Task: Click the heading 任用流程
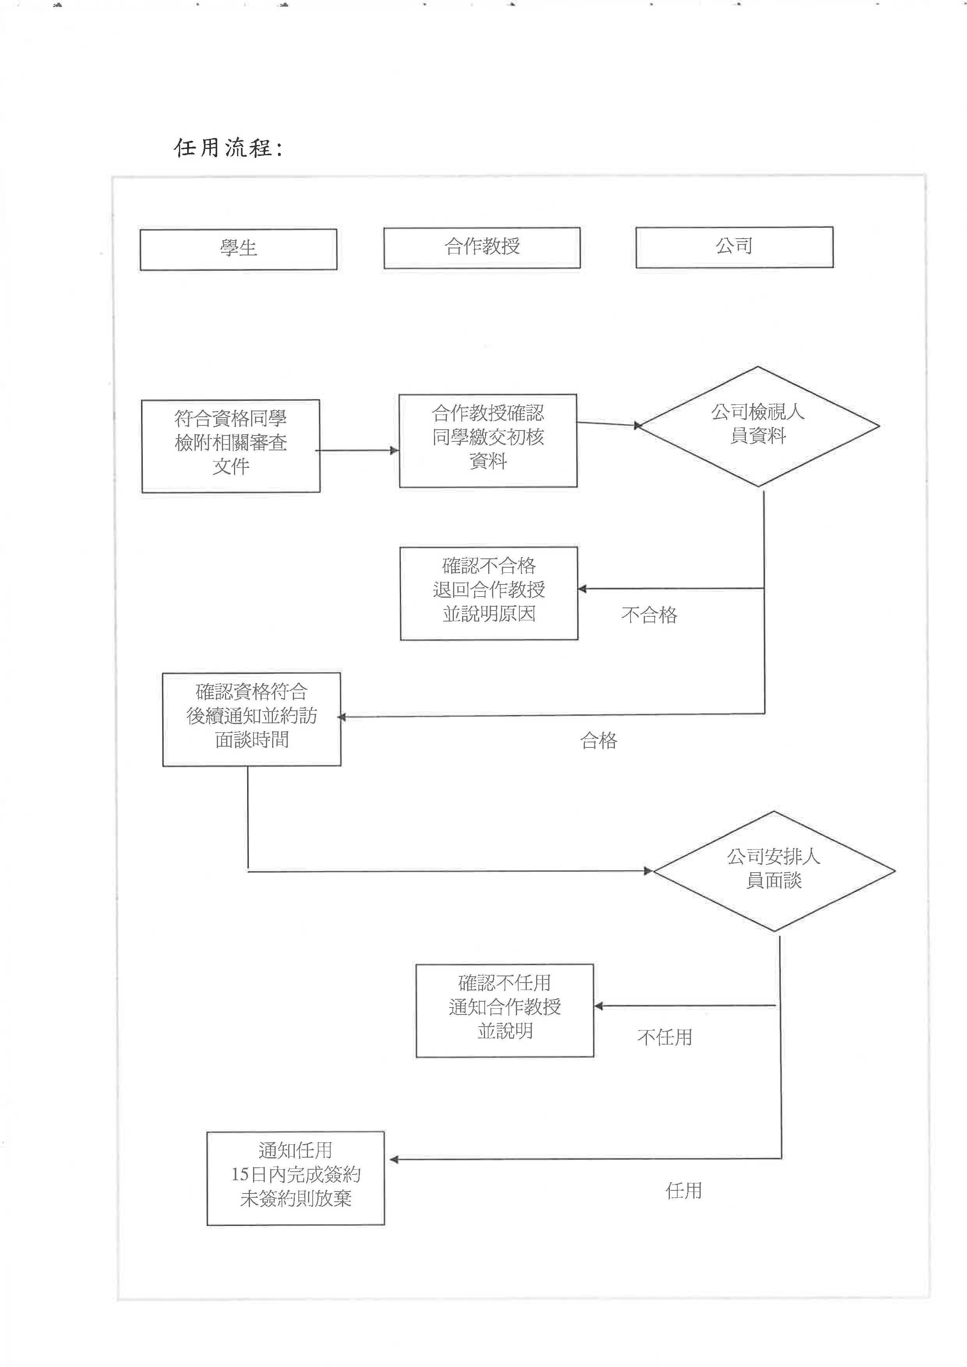coord(228,148)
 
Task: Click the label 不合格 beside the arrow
coord(649,615)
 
